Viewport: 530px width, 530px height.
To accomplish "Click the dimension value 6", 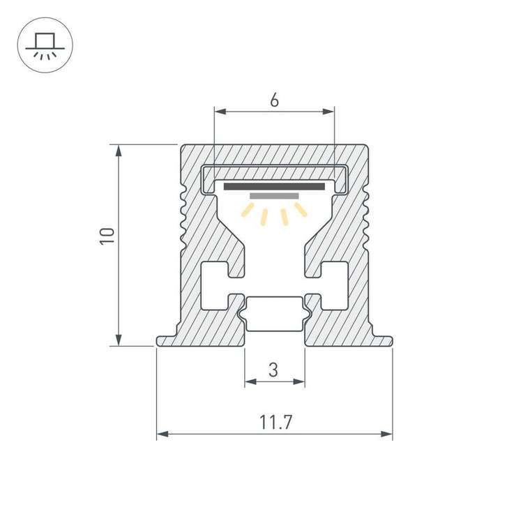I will (274, 100).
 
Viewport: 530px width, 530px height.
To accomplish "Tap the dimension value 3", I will (273, 370).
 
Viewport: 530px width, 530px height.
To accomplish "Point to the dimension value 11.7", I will (275, 422).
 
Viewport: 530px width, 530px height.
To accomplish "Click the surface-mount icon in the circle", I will (44, 44).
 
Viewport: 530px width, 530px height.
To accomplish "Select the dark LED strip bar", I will (274, 186).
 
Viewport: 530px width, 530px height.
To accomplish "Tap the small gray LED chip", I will (274, 196).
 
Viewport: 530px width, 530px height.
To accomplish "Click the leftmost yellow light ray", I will (248, 211).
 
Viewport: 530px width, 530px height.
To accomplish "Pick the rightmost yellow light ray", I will (301, 210).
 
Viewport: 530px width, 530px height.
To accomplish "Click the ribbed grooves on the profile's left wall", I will (183, 216).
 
